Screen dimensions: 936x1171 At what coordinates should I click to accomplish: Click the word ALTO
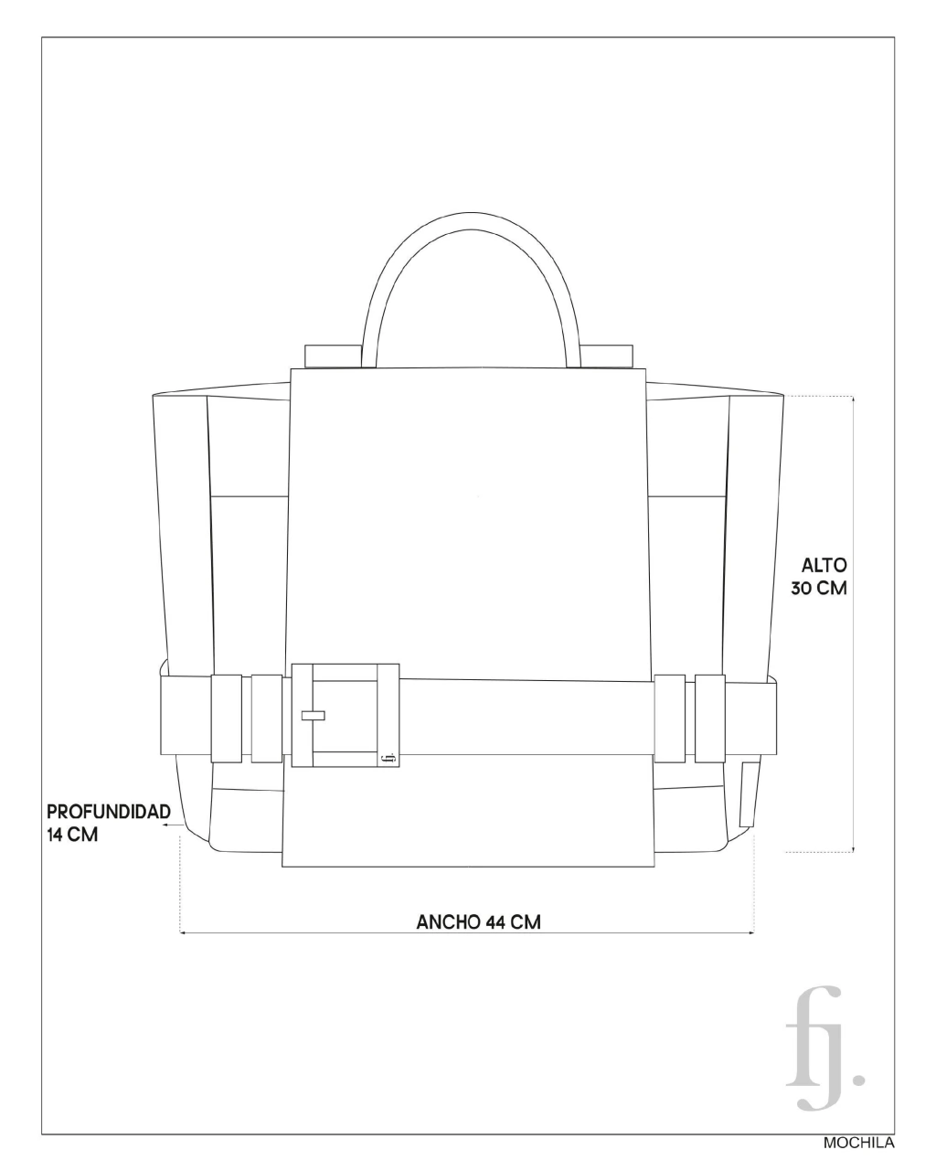point(824,566)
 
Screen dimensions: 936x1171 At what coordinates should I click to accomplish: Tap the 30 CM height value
point(819,589)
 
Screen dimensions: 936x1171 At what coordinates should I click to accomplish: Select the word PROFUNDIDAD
point(109,812)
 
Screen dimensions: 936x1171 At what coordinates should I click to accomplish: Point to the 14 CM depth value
point(72,835)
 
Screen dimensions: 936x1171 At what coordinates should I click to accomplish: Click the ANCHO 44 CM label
point(479,922)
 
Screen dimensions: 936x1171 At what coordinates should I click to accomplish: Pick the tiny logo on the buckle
point(388,758)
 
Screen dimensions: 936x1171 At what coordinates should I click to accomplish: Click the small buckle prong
point(314,715)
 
